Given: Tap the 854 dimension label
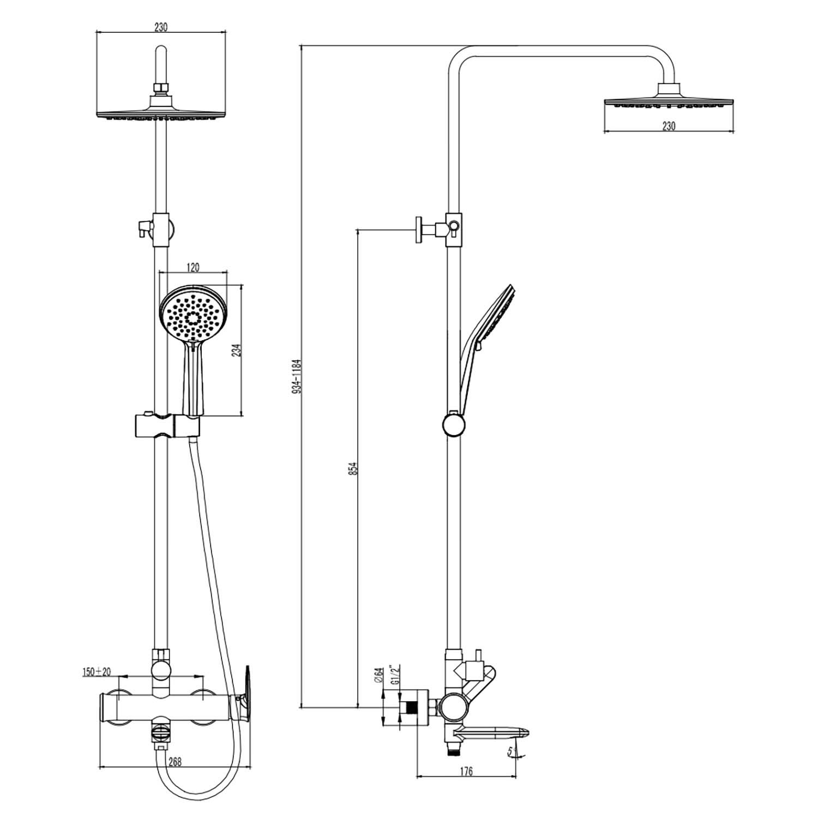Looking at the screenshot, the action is (x=353, y=468).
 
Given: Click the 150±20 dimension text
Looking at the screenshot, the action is (x=97, y=671).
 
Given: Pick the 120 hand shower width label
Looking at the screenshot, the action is (x=193, y=267).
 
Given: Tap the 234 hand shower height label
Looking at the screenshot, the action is (x=236, y=350).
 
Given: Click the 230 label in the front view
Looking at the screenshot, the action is (x=161, y=26).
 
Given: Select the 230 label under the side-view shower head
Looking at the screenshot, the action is (x=669, y=126).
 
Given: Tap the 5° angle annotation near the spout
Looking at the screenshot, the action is (x=513, y=753).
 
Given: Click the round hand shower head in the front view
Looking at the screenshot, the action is (x=193, y=317).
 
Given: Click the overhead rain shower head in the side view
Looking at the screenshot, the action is (x=669, y=97).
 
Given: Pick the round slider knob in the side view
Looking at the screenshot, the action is (x=454, y=425).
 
